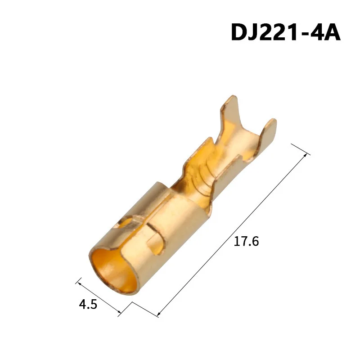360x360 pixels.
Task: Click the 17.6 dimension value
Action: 246,242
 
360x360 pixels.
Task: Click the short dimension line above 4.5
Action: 99,297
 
